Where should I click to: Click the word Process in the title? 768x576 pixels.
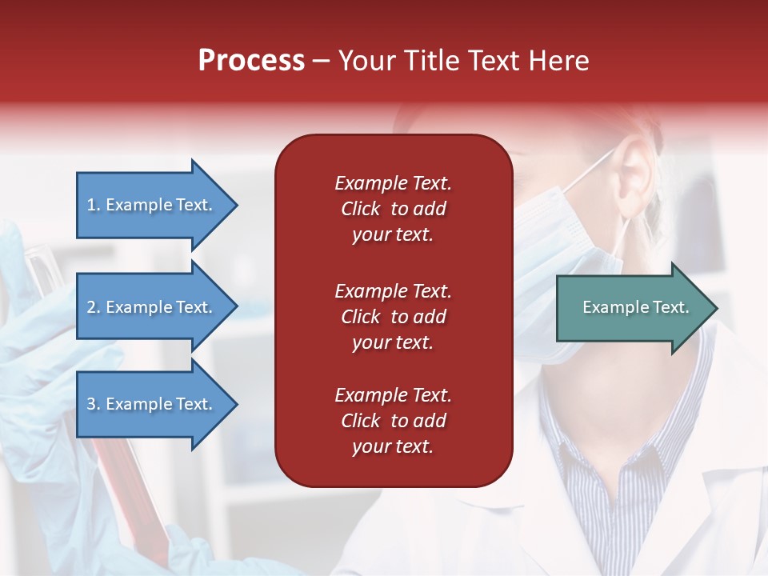point(251,61)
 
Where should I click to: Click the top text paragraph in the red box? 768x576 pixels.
point(393,209)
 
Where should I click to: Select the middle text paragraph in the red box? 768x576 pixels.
point(393,317)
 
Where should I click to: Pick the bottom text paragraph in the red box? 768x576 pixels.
point(393,421)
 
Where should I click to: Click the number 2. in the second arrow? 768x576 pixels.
point(94,307)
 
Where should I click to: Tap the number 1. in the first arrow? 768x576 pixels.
point(94,205)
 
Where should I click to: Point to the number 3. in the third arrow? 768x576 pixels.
point(94,404)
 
